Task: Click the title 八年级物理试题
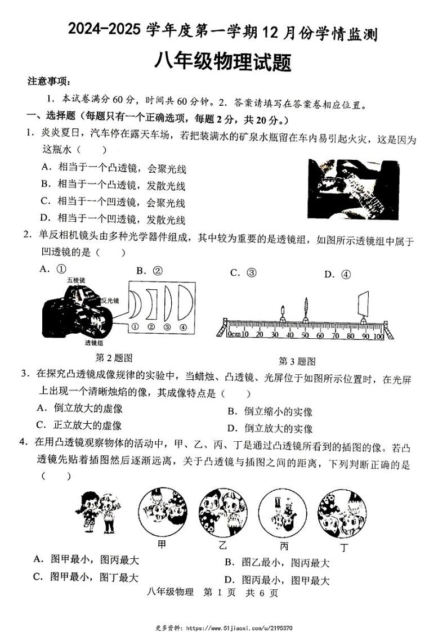223,61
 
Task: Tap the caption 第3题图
297,361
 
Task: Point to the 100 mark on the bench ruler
378,336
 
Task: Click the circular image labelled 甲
162,512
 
